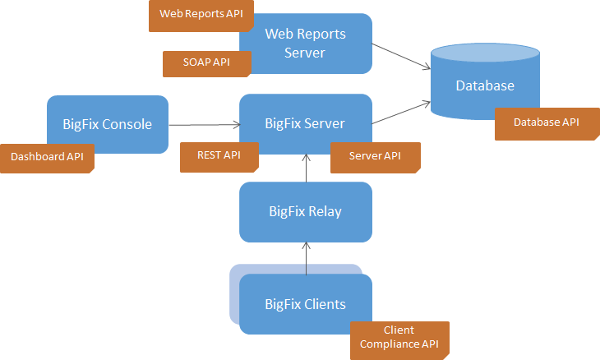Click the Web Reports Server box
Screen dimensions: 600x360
(x=306, y=44)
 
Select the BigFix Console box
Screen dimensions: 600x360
(x=108, y=124)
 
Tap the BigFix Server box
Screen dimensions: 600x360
(x=306, y=124)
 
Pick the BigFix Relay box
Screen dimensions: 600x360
(x=306, y=212)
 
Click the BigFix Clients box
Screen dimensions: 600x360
(x=306, y=304)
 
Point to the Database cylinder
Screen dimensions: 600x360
(x=485, y=81)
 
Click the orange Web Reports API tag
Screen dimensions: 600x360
(x=201, y=16)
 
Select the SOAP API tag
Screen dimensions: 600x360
(x=207, y=64)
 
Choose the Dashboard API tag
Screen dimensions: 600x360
(x=47, y=159)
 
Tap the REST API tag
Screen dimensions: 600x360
(x=219, y=157)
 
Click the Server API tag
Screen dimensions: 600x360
(x=376, y=158)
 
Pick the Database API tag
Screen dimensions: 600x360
(x=547, y=124)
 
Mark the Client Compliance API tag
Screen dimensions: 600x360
(x=399, y=339)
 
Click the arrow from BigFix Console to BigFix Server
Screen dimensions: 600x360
(x=205, y=125)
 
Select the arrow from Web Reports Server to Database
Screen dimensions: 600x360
(x=401, y=56)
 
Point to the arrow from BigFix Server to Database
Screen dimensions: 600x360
(x=401, y=113)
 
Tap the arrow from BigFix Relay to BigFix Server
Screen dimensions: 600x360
(x=306, y=168)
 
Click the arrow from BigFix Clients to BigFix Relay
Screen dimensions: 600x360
(x=306, y=258)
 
